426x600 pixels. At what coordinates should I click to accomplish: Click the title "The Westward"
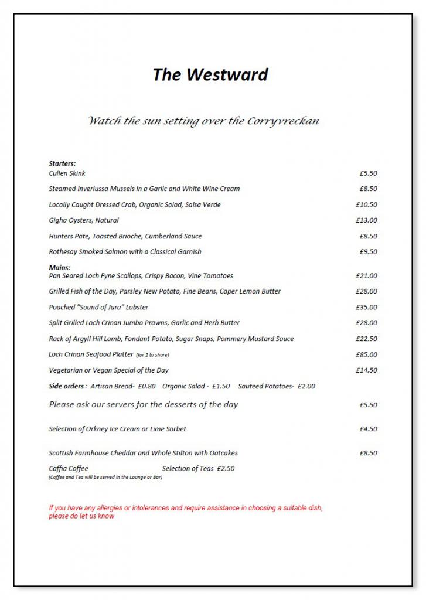coord(210,75)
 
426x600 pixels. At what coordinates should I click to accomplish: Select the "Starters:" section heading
coord(62,163)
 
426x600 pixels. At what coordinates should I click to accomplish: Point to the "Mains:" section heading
coord(59,268)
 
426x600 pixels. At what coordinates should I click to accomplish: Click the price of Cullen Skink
coord(368,173)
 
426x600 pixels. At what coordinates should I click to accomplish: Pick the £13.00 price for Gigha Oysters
coord(366,220)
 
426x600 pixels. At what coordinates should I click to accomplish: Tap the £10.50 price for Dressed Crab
coord(366,205)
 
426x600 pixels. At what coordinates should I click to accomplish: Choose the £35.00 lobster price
coord(366,307)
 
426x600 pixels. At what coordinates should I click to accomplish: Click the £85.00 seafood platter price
coord(366,354)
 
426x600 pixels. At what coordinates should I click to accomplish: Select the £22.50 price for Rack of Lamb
coord(366,339)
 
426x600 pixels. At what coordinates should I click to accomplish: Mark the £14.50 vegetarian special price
coord(366,370)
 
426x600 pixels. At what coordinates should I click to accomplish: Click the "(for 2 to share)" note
coord(152,355)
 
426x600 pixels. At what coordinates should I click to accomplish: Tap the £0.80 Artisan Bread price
coord(146,386)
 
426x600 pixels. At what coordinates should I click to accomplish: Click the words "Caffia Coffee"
coord(69,469)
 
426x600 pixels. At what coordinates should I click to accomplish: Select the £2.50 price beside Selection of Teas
coord(226,469)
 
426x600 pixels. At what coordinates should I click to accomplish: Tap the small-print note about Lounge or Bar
coord(105,477)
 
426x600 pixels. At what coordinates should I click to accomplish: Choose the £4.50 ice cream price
coord(368,429)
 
